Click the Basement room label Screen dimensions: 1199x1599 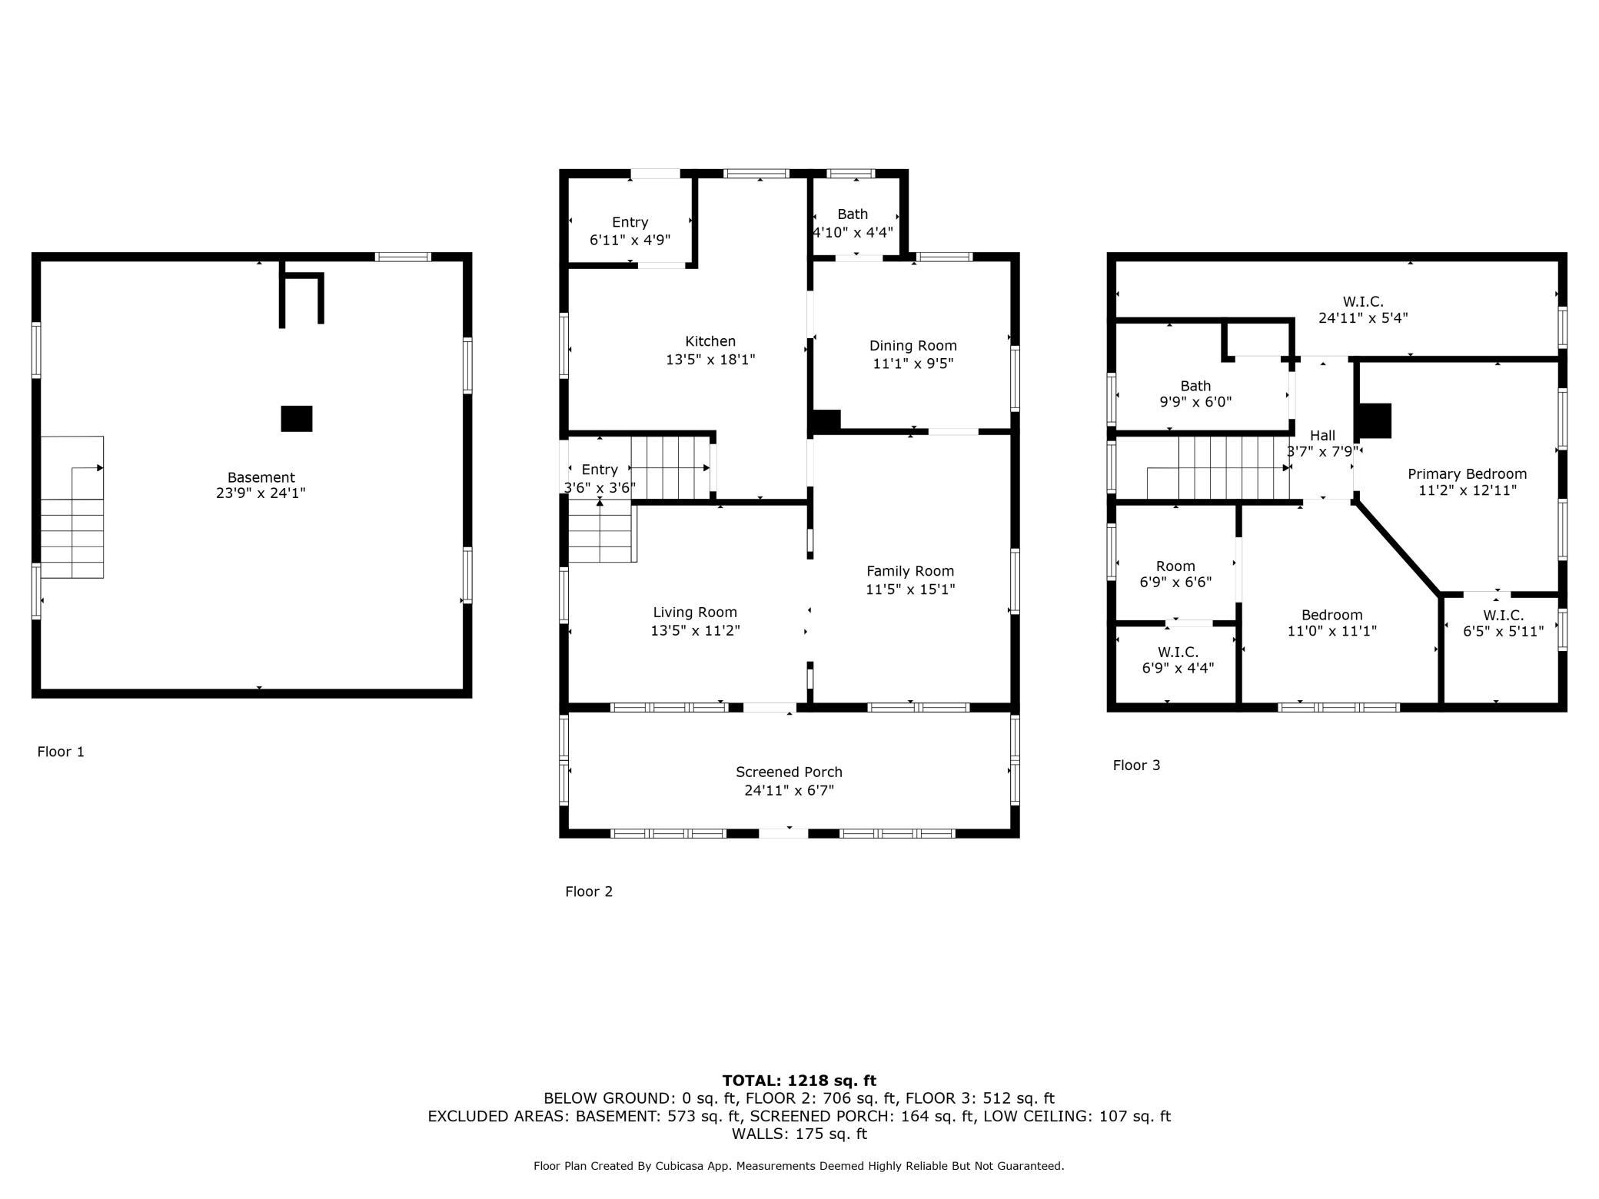click(x=261, y=477)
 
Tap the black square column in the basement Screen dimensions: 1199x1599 click(x=297, y=419)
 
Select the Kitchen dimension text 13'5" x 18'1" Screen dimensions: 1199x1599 click(x=710, y=359)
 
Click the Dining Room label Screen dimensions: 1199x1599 click(x=913, y=346)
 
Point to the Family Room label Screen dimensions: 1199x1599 click(x=909, y=571)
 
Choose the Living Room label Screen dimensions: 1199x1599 click(x=694, y=613)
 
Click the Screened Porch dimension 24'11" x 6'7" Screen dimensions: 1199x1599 click(x=789, y=790)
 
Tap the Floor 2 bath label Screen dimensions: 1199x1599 click(x=852, y=214)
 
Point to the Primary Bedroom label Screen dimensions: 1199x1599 click(x=1466, y=474)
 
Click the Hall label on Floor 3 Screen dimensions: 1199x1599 click(x=1322, y=436)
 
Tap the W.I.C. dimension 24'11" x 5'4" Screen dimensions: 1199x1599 click(x=1363, y=317)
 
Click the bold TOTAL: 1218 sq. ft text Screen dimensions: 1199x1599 click(x=799, y=1081)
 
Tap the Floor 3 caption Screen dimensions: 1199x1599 click(x=1136, y=765)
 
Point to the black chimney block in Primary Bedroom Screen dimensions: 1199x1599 click(x=1375, y=420)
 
